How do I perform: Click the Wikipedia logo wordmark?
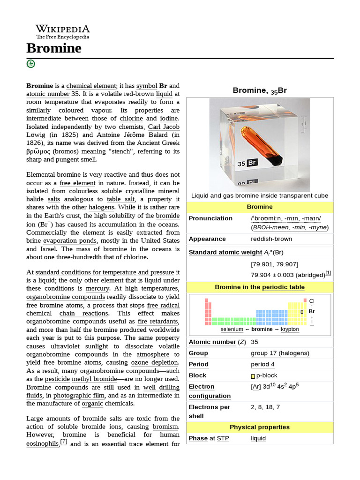[63, 29]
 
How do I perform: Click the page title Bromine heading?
[54, 48]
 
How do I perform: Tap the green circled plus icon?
[31, 64]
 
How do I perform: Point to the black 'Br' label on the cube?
[252, 163]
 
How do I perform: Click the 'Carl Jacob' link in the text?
[164, 127]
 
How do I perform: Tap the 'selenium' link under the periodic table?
[232, 330]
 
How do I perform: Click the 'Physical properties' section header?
[259, 427]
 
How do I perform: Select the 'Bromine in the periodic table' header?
[259, 287]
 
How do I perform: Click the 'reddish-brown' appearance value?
[271, 239]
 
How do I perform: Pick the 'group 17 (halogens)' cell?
[280, 353]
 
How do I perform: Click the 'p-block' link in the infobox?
[266, 376]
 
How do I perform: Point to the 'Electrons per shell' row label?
[209, 412]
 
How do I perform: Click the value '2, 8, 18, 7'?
[265, 407]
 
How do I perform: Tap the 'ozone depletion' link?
[155, 363]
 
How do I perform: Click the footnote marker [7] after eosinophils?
[64, 442]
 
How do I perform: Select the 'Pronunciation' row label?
[210, 218]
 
